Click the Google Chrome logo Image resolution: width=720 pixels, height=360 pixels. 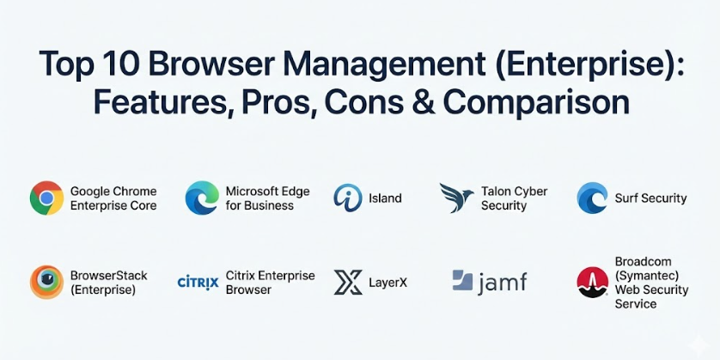(x=46, y=198)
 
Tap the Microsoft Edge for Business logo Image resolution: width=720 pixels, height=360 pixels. (x=202, y=198)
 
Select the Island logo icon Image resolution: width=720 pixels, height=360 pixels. (x=347, y=198)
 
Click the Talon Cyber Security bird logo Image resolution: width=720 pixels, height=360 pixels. (x=456, y=198)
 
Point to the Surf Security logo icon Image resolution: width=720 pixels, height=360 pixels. (x=593, y=198)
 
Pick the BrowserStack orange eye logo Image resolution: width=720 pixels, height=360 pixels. (x=46, y=282)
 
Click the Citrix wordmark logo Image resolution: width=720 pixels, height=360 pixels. (x=198, y=282)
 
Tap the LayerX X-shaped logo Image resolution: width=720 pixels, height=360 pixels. (x=348, y=282)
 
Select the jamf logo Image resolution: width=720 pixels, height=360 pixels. (x=489, y=281)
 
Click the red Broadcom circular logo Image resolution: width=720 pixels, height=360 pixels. (x=593, y=282)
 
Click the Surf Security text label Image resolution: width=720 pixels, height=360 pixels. (x=650, y=198)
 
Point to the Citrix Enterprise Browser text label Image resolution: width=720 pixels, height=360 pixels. (x=270, y=283)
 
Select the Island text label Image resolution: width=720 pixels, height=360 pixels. (x=384, y=198)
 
